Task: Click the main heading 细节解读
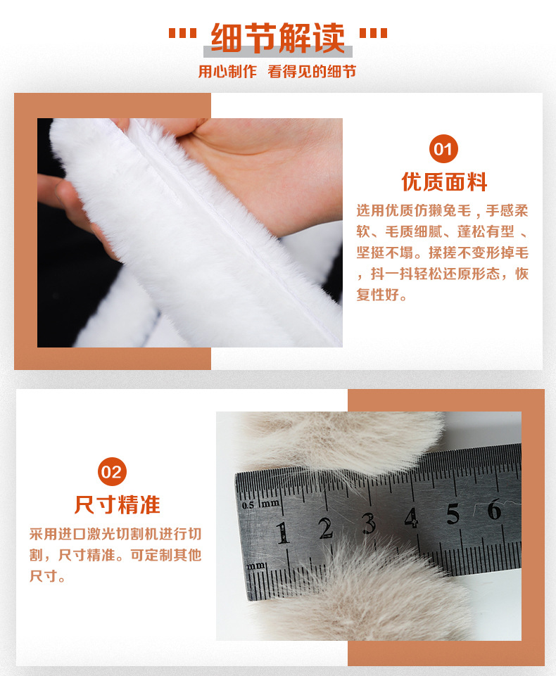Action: tap(278, 38)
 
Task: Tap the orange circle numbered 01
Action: tap(443, 148)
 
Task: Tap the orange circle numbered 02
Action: tap(112, 471)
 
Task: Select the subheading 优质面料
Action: tap(444, 182)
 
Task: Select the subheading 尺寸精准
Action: tap(118, 505)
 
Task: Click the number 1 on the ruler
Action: tap(282, 532)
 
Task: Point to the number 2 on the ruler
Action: tap(326, 528)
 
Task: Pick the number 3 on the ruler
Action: tap(368, 523)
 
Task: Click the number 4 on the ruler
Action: tap(412, 518)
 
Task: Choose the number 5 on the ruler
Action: tap(453, 514)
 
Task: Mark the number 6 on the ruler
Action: tap(494, 509)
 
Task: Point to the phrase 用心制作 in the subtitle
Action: tap(227, 72)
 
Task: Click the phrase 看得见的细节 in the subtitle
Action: tap(312, 72)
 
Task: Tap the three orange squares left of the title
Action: tap(182, 33)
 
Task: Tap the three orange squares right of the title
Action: tap(373, 33)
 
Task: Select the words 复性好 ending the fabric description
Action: tap(377, 295)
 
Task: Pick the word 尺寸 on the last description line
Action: tap(43, 576)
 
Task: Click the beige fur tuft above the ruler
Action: tap(345, 440)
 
